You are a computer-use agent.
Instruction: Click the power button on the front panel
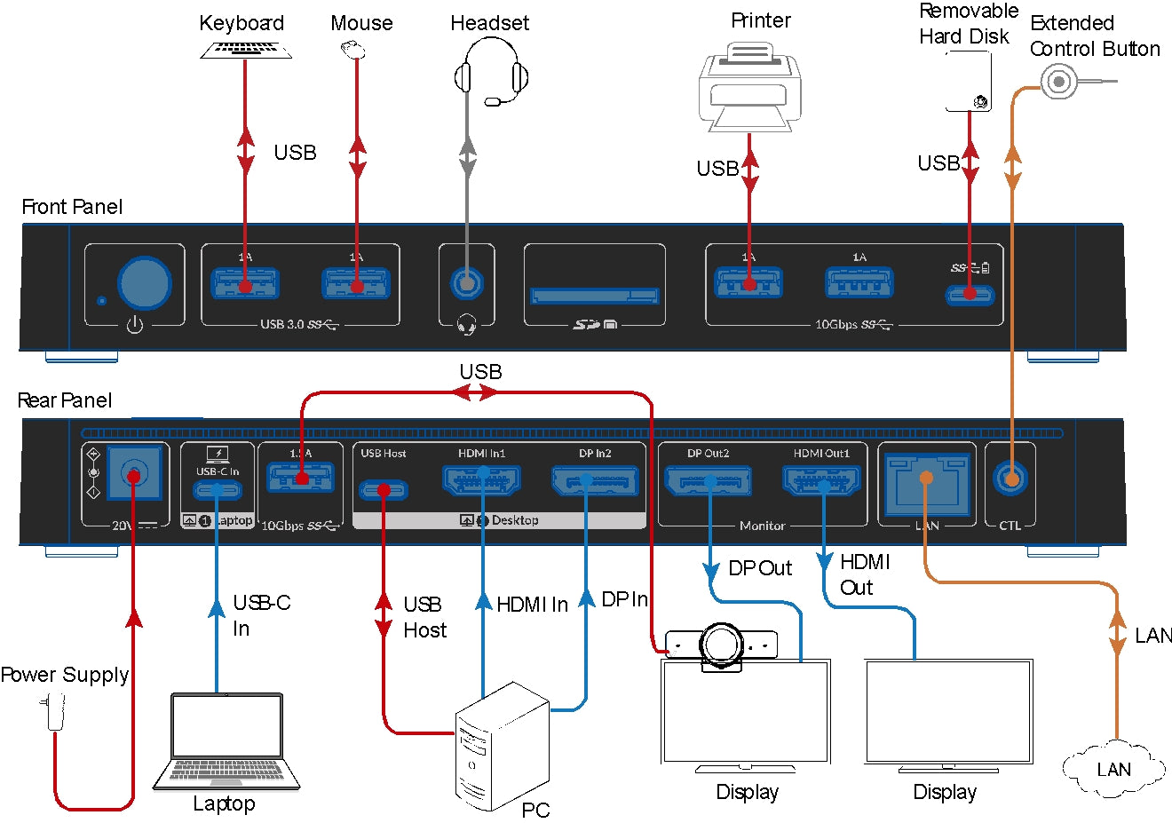click(x=145, y=284)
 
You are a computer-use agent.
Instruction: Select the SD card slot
click(x=594, y=295)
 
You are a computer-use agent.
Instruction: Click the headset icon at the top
click(x=491, y=75)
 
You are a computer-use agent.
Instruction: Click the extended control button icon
click(x=1058, y=83)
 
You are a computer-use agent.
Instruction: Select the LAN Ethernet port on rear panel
click(x=926, y=484)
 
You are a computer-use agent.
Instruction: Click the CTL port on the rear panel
click(x=1010, y=479)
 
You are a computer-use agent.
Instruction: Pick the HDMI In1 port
click(x=482, y=481)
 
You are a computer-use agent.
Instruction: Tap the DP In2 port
click(x=594, y=481)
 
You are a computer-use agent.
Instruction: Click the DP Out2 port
click(x=709, y=481)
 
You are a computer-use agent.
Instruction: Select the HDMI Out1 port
click(x=821, y=481)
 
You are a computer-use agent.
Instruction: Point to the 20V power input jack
click(x=134, y=474)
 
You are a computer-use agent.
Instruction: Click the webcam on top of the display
click(x=722, y=644)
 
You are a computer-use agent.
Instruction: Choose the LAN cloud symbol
click(x=1114, y=769)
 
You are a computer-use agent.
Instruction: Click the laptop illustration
click(x=226, y=741)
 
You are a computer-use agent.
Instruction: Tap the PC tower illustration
click(x=502, y=746)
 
